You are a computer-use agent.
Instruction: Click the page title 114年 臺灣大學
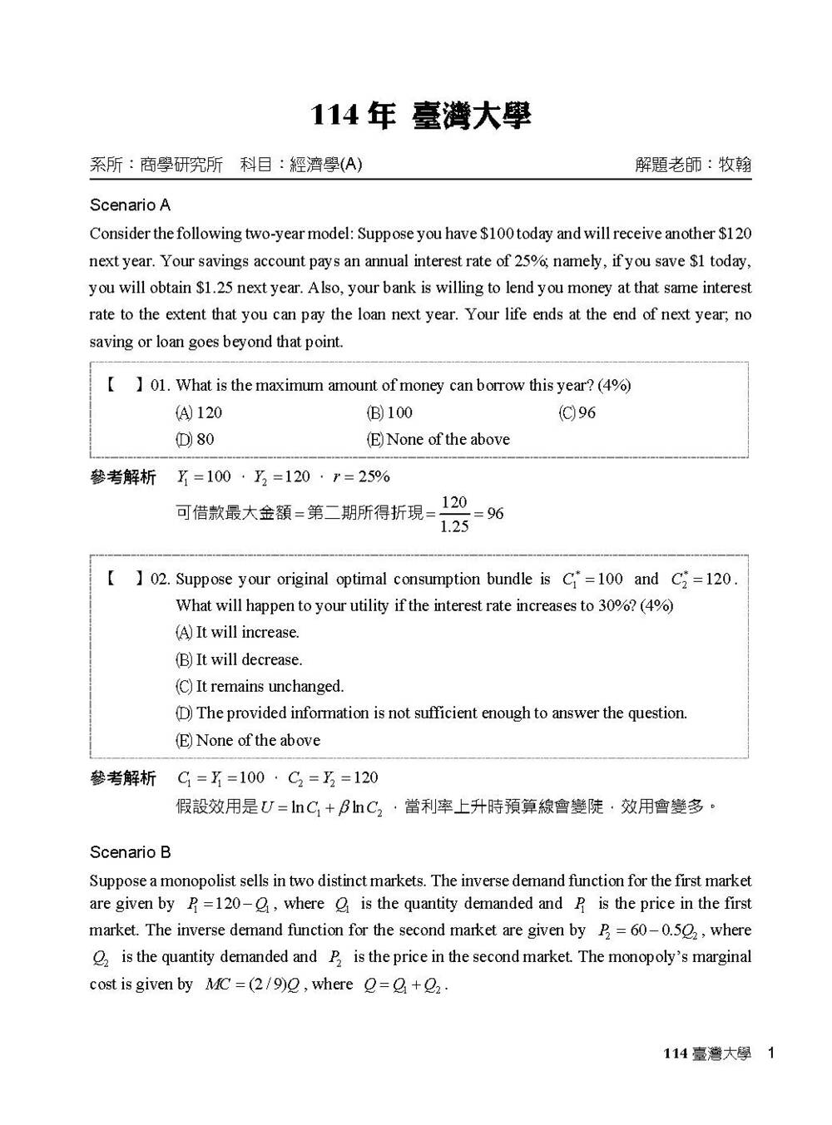[x=420, y=116]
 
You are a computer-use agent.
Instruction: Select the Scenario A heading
[x=130, y=205]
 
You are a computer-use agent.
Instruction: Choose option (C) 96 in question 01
[x=577, y=412]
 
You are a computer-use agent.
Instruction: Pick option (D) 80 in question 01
[x=195, y=439]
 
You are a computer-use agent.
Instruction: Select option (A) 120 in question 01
[x=199, y=412]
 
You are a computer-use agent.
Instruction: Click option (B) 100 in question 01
[x=389, y=412]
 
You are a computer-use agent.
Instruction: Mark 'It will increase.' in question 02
[x=238, y=632]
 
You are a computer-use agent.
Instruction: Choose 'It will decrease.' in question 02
[x=240, y=659]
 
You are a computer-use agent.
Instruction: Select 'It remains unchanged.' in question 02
[x=260, y=686]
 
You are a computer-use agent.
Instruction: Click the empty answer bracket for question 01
[x=124, y=385]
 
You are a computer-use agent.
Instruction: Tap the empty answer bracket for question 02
[x=124, y=579]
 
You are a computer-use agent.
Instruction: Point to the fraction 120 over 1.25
[x=454, y=514]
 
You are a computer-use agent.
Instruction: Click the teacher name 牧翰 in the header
[x=735, y=165]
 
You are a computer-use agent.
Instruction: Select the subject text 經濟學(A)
[x=326, y=165]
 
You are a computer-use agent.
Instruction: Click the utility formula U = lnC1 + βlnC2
[x=321, y=807]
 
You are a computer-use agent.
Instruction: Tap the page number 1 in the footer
[x=771, y=1053]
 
